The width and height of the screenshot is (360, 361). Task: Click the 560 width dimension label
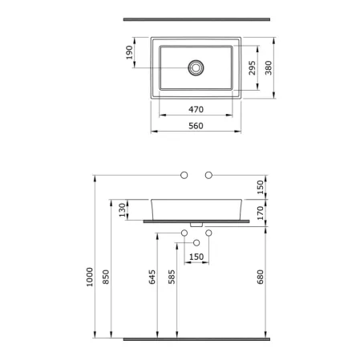coord(196,126)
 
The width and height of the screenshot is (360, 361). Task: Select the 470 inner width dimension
coord(196,109)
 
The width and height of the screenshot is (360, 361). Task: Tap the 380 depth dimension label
coord(269,68)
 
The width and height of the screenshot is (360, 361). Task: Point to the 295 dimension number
coord(252,68)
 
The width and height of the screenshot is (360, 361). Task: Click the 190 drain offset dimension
coord(129,53)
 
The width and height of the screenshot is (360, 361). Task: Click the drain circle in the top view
coord(196,67)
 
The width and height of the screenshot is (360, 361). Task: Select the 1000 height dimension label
coord(90,277)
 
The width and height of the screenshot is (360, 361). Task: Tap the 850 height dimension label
coord(106,277)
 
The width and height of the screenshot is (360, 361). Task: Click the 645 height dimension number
coord(152,277)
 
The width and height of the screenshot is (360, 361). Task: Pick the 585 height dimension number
coord(172,277)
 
